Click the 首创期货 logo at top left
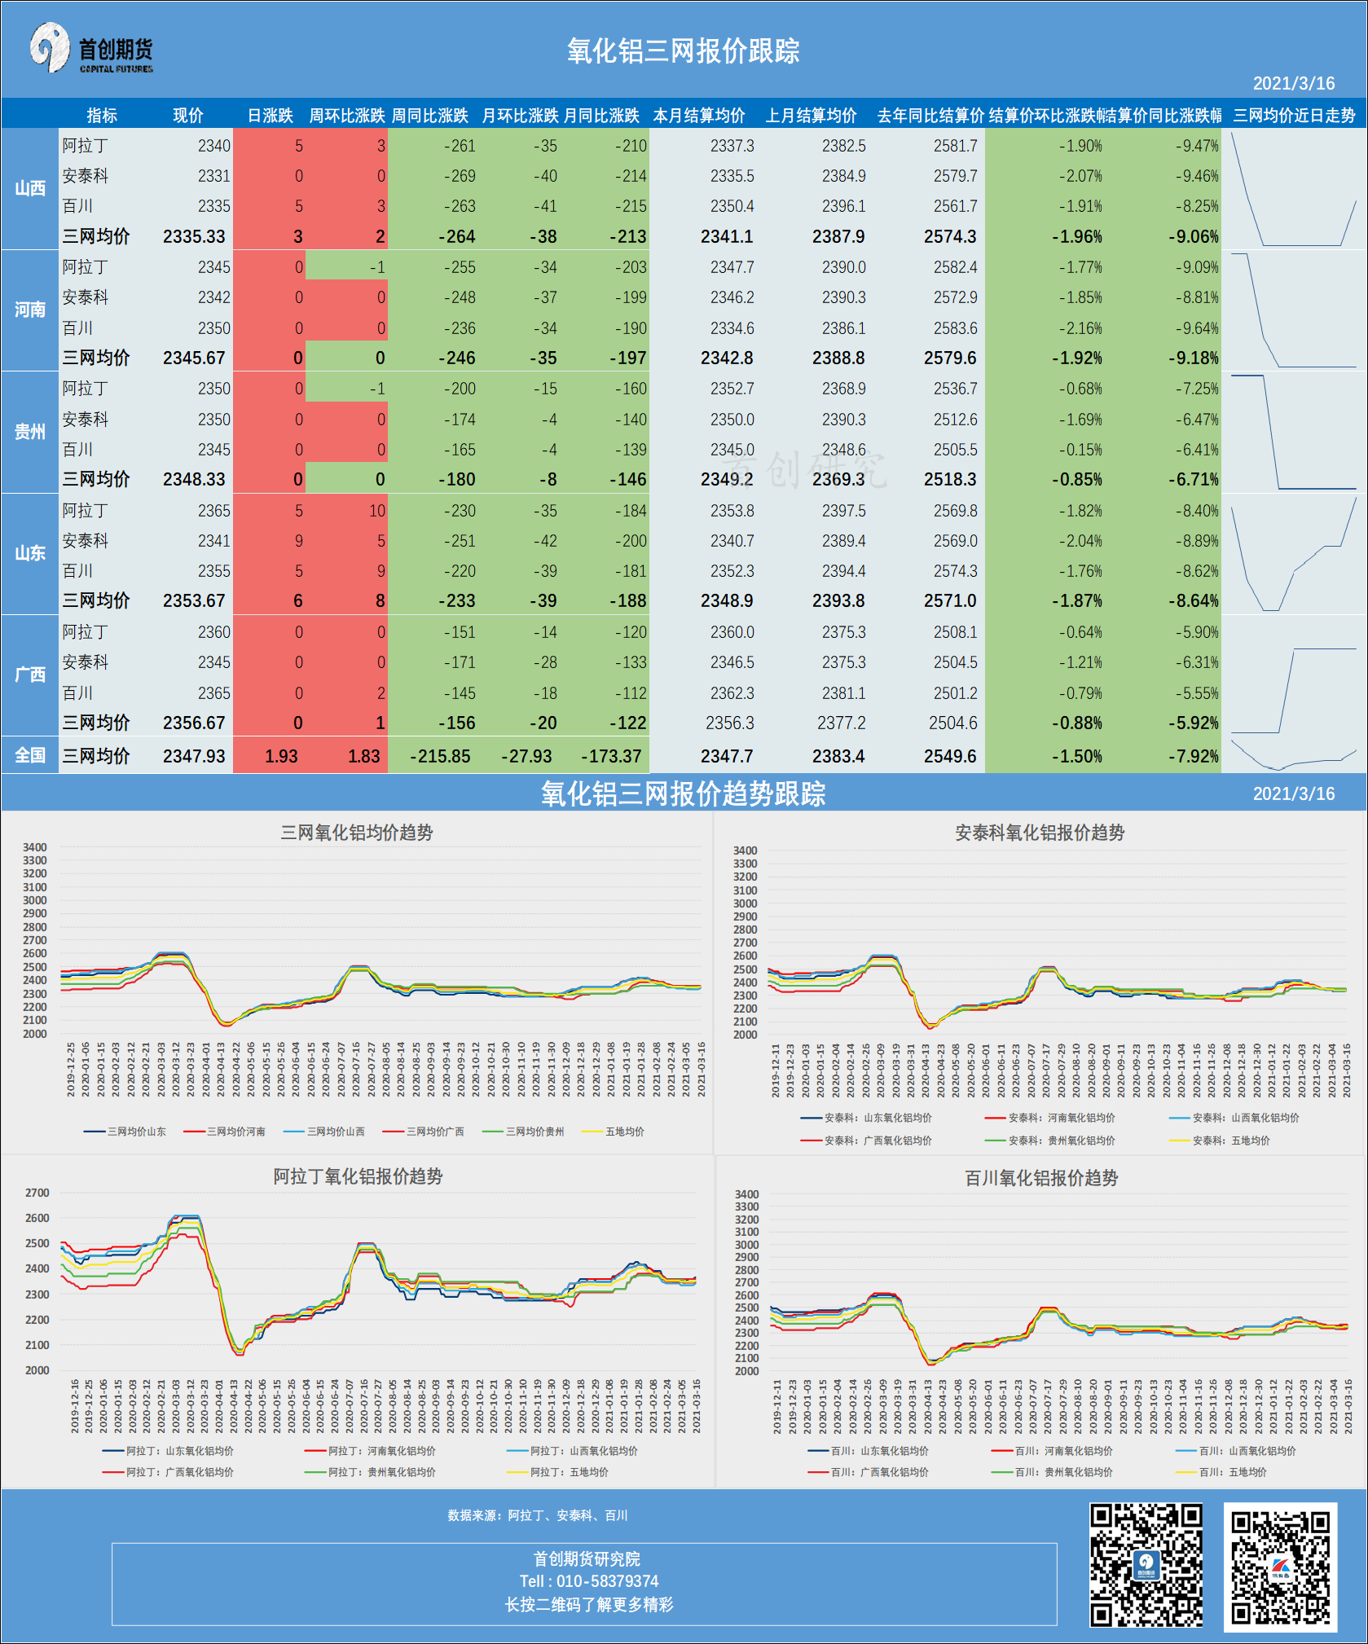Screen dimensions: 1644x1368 [x=91, y=50]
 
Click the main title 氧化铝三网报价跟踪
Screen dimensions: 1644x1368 [x=683, y=51]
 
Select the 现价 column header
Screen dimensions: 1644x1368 [x=187, y=116]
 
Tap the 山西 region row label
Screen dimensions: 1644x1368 [x=30, y=188]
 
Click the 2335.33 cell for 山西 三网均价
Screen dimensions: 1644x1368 [x=194, y=237]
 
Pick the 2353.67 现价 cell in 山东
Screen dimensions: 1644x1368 [x=194, y=601]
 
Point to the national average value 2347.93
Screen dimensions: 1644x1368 [x=194, y=756]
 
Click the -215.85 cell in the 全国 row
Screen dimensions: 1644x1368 [x=440, y=756]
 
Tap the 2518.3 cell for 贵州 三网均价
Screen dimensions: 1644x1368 [x=950, y=480]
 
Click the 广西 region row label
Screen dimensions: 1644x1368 [x=30, y=675]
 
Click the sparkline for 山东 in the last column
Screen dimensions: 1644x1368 [x=1293, y=554]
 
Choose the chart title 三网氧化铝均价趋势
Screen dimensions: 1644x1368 [x=357, y=833]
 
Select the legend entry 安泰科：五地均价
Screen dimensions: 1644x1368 [x=1230, y=1141]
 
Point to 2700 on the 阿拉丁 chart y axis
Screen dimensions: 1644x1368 [x=37, y=1193]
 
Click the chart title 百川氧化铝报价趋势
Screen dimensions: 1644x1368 [x=1040, y=1178]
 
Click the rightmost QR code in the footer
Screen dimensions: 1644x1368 [x=1280, y=1567]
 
